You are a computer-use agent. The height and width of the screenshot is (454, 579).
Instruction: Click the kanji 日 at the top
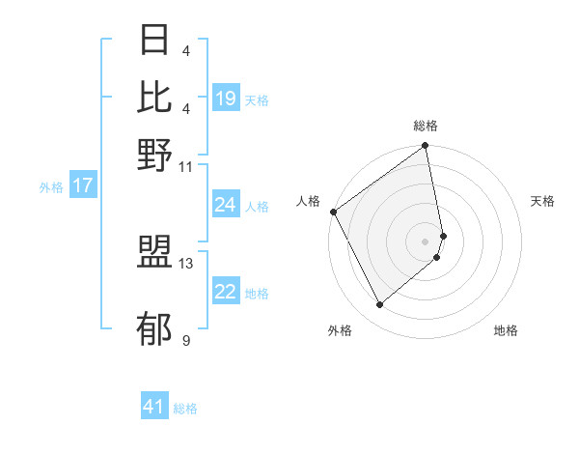tap(155, 42)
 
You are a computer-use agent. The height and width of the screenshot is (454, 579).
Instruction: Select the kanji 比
tap(155, 98)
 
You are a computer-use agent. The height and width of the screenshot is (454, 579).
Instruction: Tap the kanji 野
tap(155, 154)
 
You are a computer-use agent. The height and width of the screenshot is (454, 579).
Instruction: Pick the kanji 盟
tap(155, 253)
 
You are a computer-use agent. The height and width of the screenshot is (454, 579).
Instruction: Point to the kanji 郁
tap(155, 328)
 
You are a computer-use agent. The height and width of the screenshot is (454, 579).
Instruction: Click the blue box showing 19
tap(226, 99)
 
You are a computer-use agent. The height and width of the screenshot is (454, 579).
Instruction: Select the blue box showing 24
tap(226, 205)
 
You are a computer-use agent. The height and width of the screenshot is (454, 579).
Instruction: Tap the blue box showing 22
tap(226, 293)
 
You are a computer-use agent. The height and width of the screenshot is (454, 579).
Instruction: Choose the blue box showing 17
tap(83, 186)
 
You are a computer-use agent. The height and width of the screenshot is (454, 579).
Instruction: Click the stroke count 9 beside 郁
tap(185, 340)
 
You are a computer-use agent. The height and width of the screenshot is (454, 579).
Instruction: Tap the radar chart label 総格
tap(426, 127)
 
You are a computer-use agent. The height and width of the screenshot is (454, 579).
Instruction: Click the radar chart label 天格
tap(542, 201)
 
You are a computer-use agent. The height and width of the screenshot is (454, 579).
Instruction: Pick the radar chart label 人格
tap(309, 201)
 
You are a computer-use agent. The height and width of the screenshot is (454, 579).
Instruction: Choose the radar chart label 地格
tap(506, 330)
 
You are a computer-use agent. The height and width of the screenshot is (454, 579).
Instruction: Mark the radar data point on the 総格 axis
tap(426, 147)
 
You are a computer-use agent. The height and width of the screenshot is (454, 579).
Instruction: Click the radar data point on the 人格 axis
tap(334, 212)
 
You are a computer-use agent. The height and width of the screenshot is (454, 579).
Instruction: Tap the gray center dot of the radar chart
tap(426, 241)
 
